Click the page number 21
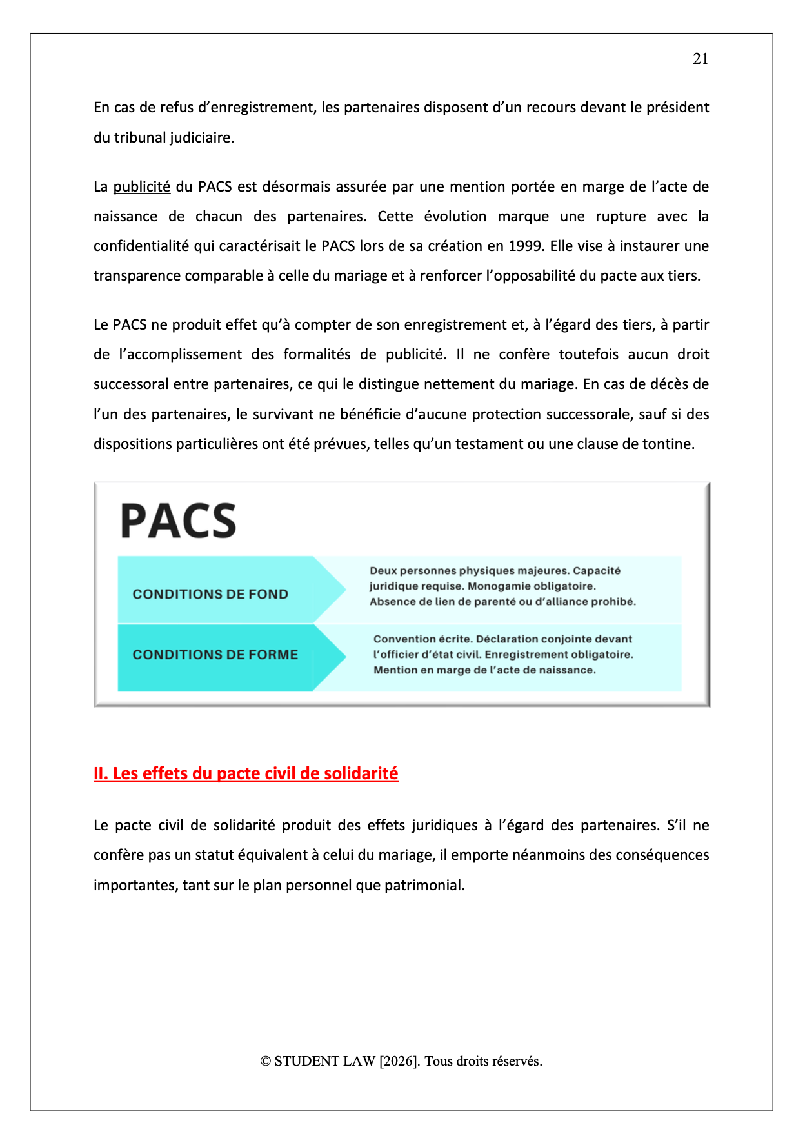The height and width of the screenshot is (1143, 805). [701, 59]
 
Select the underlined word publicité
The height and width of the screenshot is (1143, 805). [141, 187]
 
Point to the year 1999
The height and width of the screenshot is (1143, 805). [524, 246]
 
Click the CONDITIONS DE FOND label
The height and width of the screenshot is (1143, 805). [210, 594]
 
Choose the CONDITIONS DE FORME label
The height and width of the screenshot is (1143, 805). [215, 655]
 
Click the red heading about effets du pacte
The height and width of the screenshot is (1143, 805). [246, 773]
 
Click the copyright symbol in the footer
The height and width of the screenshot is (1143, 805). [266, 1062]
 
